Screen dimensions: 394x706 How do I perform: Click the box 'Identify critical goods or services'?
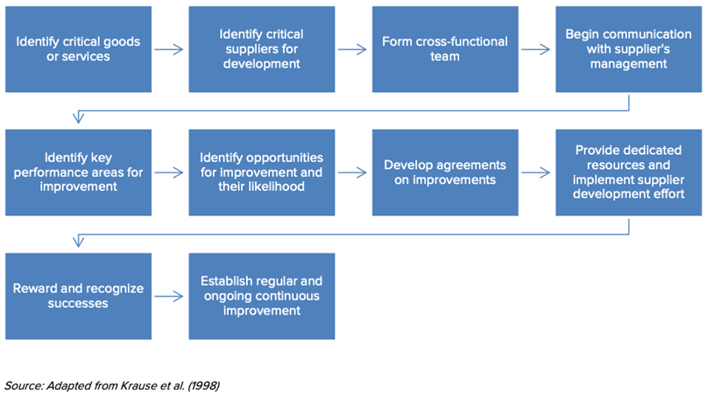tap(78, 49)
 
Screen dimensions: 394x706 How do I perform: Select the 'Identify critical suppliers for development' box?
tap(261, 49)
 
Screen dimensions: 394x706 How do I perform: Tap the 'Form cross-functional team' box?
tap(444, 49)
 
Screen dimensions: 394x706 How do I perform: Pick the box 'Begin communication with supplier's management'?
tap(628, 49)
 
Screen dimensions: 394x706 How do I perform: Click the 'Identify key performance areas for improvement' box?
tap(78, 172)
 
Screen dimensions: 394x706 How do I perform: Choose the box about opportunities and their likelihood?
tap(261, 172)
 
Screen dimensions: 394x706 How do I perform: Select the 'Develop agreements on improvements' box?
tap(444, 172)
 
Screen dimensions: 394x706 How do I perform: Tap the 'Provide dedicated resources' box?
tap(628, 172)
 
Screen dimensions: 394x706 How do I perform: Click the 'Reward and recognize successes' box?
tap(78, 296)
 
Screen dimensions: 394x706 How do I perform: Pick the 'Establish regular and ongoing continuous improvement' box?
tap(261, 296)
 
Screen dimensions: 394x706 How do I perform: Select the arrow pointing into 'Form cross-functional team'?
tap(352, 50)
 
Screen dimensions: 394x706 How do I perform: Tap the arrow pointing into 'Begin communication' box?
tap(536, 50)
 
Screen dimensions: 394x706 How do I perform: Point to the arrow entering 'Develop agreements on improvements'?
tap(352, 173)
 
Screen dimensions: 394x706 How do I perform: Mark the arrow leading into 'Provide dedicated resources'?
tap(536, 173)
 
